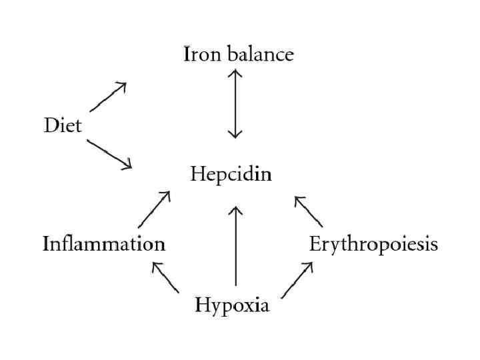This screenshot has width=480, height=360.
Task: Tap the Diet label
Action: point(63,125)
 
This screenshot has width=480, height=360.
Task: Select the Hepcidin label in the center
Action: point(231,175)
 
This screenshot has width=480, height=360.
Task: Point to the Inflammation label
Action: point(104,244)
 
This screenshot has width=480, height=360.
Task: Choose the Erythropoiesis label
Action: point(373,244)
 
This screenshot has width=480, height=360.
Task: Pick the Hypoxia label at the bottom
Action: point(232,306)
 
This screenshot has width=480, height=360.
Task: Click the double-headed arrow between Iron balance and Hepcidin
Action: point(235,103)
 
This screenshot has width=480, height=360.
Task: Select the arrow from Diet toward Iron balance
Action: point(108,97)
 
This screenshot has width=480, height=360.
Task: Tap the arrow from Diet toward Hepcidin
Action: point(109,154)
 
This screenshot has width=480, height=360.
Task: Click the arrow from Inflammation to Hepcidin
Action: point(154,209)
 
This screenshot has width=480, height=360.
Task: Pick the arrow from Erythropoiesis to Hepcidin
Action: point(308,211)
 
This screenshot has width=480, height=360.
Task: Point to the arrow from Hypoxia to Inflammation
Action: point(165,277)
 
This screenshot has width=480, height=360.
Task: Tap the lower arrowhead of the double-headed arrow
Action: point(235,134)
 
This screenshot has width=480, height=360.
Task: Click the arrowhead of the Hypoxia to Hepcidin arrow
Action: point(235,211)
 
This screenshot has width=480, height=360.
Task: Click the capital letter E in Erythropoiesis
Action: point(315,244)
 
